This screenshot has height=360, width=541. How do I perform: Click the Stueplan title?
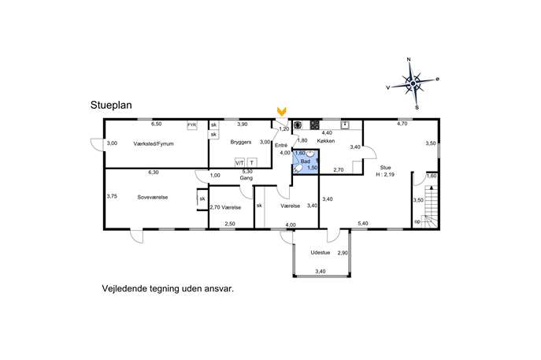[x=111, y=105]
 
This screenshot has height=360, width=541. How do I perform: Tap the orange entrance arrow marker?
[x=282, y=111]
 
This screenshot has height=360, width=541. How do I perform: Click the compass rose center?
[x=413, y=84]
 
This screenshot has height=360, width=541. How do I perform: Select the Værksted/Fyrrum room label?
[x=154, y=143]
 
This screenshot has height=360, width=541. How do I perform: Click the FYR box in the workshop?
[x=192, y=125]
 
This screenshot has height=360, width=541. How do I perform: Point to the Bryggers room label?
[x=241, y=142]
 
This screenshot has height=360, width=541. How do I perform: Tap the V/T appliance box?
[x=240, y=162]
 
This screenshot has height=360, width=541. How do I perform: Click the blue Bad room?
[x=306, y=161]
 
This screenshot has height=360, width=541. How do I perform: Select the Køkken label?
[x=326, y=141]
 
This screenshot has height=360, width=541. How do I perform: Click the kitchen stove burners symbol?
[x=315, y=124]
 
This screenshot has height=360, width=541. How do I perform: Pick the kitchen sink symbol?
[x=345, y=124]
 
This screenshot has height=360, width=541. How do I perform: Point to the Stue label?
[x=385, y=168]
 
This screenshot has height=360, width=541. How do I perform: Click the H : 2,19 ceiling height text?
[x=385, y=175]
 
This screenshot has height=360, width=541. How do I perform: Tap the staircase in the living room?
[x=430, y=206]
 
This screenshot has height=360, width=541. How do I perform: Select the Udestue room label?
[x=321, y=253]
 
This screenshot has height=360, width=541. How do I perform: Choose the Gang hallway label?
[x=246, y=178]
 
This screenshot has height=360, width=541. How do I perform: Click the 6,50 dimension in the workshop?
[x=156, y=124]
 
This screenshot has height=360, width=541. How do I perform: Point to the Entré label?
[x=281, y=145]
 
